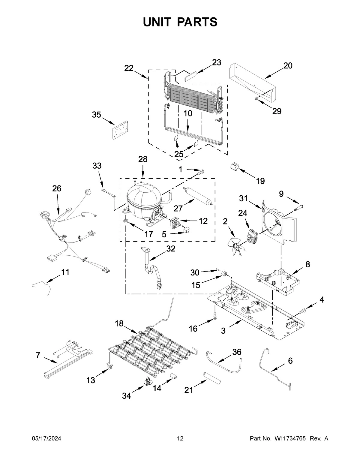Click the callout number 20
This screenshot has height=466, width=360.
288,65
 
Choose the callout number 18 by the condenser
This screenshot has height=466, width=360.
119,323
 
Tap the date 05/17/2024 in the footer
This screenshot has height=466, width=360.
46,439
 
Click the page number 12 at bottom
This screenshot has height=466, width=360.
180,439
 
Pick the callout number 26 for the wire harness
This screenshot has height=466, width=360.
57,188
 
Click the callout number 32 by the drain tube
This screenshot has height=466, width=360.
170,248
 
